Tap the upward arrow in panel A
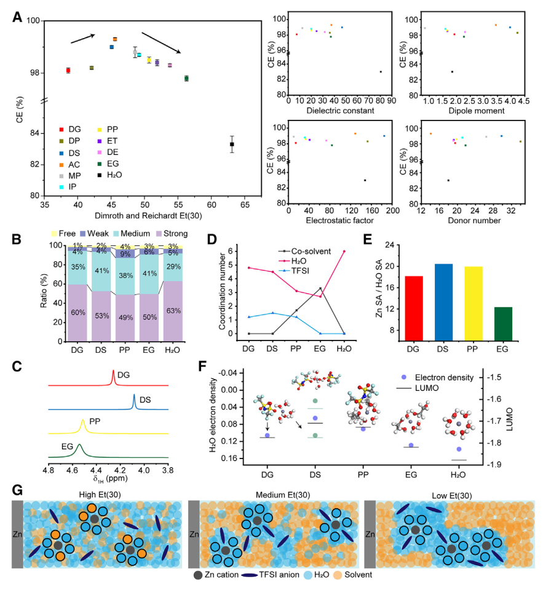click(83, 39)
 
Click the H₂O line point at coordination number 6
click(343, 234)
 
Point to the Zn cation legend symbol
click(197, 575)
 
